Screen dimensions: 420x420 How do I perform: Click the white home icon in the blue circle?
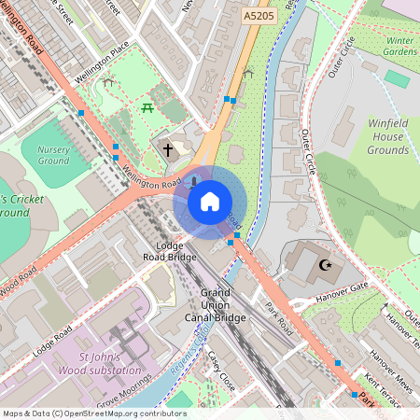(x=210, y=201)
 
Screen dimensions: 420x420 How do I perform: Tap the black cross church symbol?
(x=169, y=148)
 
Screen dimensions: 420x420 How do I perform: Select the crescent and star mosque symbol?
(x=325, y=266)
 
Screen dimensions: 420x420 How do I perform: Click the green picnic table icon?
(x=148, y=109)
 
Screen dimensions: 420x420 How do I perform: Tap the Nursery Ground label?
(x=53, y=155)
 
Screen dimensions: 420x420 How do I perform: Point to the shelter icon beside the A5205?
(x=247, y=73)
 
